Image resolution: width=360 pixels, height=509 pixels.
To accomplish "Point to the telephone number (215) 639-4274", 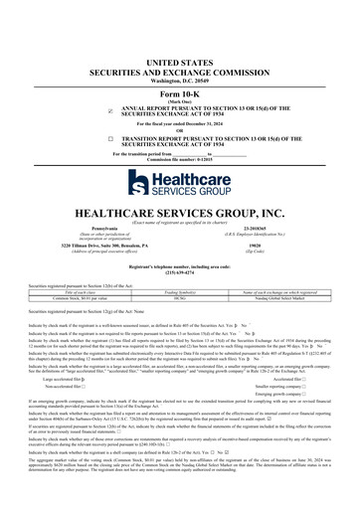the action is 180,273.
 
